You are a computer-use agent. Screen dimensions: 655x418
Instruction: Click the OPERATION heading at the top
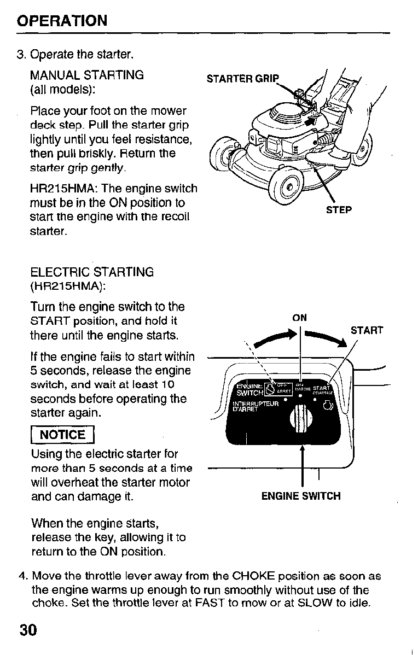62,21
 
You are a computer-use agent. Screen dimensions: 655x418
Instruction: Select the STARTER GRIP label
242,78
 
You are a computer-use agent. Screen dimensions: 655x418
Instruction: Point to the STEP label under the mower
339,210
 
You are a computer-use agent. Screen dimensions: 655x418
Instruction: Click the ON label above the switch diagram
299,318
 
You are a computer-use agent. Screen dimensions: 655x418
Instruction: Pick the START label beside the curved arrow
367,330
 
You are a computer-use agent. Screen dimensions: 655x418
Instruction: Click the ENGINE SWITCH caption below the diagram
300,496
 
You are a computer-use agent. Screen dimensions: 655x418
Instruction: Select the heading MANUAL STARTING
87,75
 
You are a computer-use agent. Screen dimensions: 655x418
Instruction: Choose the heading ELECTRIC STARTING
92,272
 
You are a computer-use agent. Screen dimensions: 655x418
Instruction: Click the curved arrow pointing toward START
327,337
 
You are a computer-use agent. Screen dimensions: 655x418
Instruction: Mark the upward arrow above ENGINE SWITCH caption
301,459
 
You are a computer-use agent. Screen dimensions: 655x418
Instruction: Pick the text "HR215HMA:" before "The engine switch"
60,189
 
